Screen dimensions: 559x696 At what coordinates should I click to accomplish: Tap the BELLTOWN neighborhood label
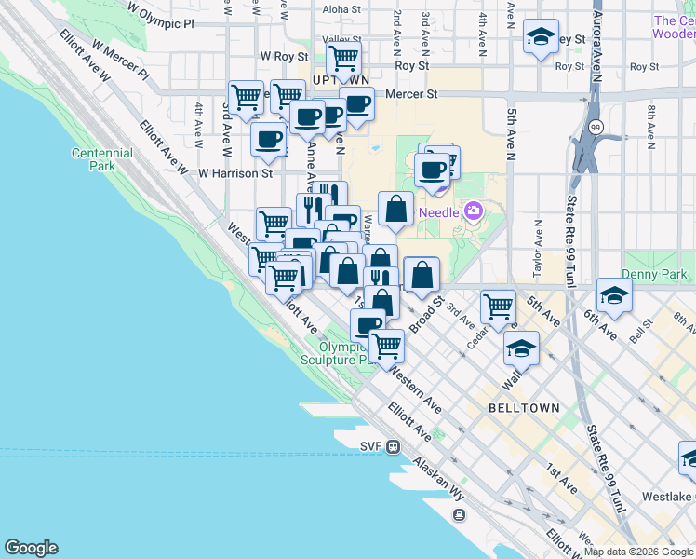tap(524, 408)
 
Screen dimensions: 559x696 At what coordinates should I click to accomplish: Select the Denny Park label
tap(663, 275)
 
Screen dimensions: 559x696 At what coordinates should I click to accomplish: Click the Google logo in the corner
tap(31, 548)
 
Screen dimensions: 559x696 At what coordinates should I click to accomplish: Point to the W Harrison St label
tap(235, 172)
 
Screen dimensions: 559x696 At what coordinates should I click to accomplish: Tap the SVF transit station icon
tap(395, 446)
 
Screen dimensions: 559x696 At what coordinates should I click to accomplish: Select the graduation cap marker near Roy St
tap(541, 37)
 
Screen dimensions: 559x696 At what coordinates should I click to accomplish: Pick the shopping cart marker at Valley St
tap(344, 58)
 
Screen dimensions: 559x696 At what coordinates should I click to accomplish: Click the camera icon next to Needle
tap(474, 211)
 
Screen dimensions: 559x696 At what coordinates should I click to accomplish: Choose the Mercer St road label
tap(412, 94)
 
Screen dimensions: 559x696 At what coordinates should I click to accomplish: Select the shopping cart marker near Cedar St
tap(499, 306)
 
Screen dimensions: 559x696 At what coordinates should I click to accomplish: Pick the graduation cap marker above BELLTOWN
tap(522, 348)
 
